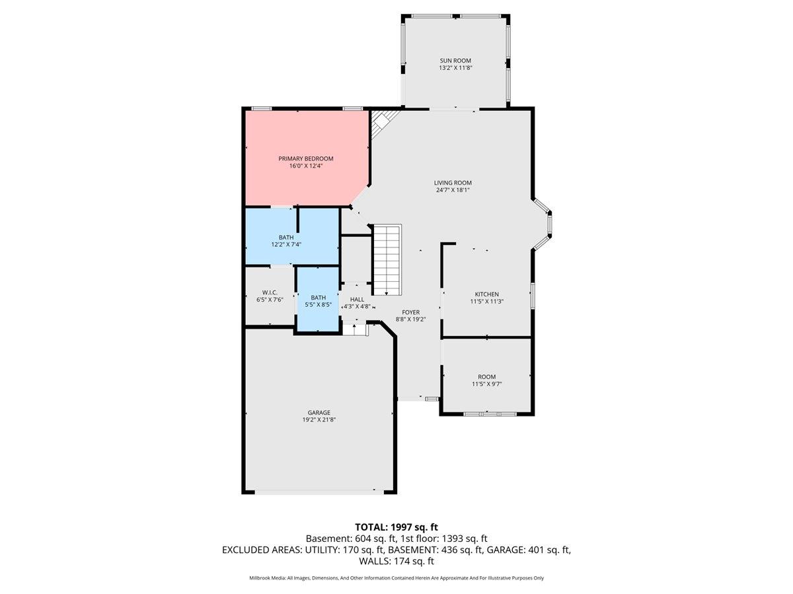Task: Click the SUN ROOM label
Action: (x=455, y=60)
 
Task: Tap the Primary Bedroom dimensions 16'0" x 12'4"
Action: (x=305, y=166)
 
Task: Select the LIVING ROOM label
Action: (x=453, y=183)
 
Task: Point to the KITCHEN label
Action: (x=486, y=294)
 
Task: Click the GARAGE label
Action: (x=319, y=412)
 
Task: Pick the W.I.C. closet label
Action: (x=269, y=292)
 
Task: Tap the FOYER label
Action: (x=410, y=312)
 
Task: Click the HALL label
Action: (x=357, y=299)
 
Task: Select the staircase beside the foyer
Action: (x=387, y=259)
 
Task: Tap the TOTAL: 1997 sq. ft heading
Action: (x=397, y=527)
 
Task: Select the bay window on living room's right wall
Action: (x=543, y=226)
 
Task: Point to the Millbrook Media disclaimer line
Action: (x=397, y=577)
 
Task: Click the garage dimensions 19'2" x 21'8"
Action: (x=319, y=420)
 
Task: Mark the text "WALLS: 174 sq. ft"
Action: (x=397, y=561)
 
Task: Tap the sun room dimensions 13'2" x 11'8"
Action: (x=455, y=68)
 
